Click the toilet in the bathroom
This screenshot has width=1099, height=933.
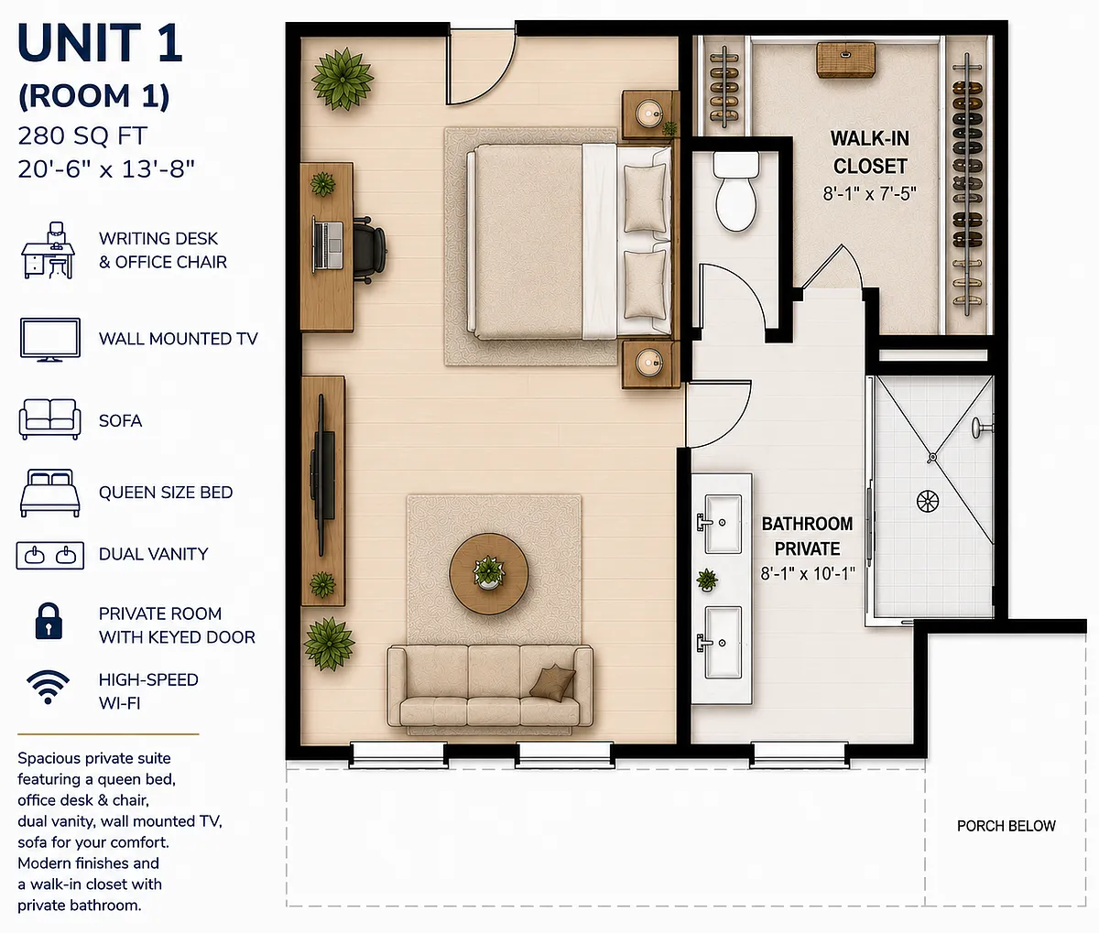(x=735, y=191)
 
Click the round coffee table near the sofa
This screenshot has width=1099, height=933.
(x=489, y=573)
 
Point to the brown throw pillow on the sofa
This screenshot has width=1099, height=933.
(x=552, y=682)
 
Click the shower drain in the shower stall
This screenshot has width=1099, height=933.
(x=927, y=501)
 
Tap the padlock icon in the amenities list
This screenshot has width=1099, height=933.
(x=49, y=621)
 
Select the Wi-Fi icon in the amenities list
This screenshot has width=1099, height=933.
(x=48, y=688)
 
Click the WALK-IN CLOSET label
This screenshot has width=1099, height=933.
(x=870, y=153)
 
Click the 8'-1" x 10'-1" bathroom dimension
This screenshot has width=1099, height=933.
(x=808, y=573)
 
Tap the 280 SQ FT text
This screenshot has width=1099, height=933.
(x=82, y=136)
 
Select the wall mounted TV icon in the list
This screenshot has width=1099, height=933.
(x=50, y=340)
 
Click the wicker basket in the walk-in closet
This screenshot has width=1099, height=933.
(x=846, y=60)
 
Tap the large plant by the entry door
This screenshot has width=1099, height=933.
(x=343, y=80)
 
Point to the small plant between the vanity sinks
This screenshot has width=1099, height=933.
(x=707, y=580)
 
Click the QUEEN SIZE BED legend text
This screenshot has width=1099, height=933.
(x=166, y=493)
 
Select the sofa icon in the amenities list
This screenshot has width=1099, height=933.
(x=50, y=419)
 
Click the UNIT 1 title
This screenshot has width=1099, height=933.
(x=100, y=43)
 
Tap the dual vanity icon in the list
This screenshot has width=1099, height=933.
(x=50, y=556)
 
